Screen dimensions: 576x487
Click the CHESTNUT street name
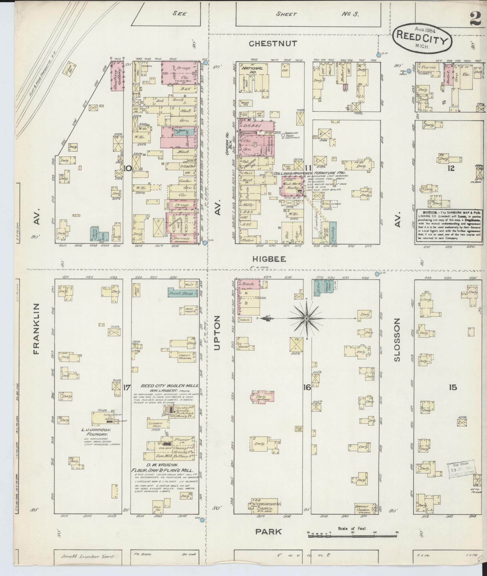pyautogui.click(x=273, y=44)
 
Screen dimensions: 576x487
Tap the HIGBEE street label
pyautogui.click(x=269, y=259)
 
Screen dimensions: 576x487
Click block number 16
pyautogui.click(x=307, y=388)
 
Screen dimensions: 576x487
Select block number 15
pyautogui.click(x=453, y=388)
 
